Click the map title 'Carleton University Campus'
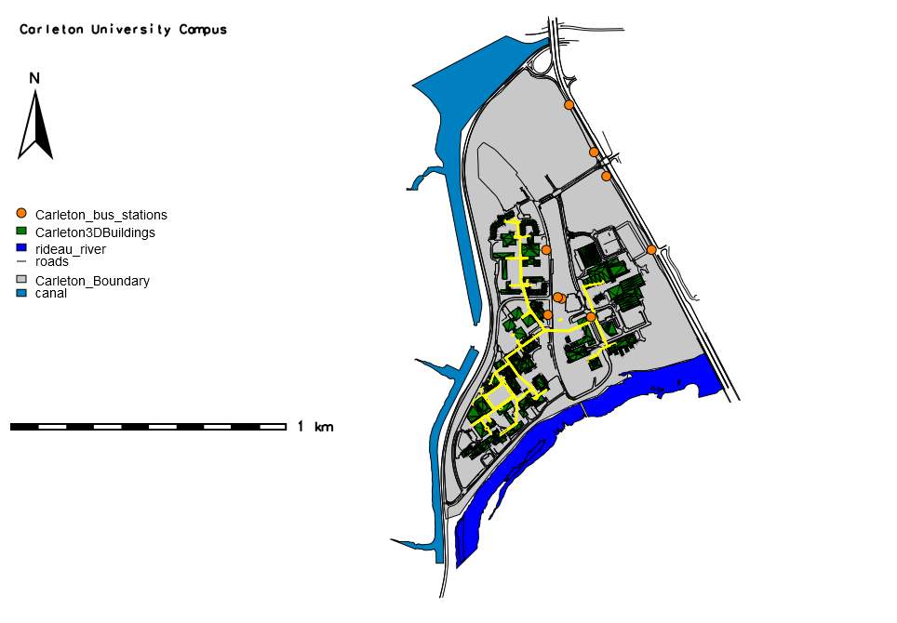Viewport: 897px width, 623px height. click(124, 30)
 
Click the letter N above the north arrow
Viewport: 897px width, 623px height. click(34, 78)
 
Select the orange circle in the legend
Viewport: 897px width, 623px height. click(21, 214)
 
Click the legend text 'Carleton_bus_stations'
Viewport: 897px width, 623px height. click(100, 215)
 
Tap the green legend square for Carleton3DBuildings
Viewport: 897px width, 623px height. click(21, 232)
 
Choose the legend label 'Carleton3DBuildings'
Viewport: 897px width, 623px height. click(95, 232)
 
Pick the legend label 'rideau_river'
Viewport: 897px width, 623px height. click(70, 249)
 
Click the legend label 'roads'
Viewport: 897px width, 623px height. click(52, 262)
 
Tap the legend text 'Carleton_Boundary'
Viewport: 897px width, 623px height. click(92, 281)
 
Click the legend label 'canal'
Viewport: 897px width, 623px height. click(50, 294)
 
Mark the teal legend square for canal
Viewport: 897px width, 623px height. click(21, 293)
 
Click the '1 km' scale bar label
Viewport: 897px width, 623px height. click(315, 427)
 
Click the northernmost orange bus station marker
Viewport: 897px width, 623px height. click(569, 105)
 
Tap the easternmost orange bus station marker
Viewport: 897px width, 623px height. click(651, 249)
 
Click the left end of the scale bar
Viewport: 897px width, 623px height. click(12, 426)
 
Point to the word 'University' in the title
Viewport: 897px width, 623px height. click(131, 30)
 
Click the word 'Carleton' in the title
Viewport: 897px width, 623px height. click(53, 30)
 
